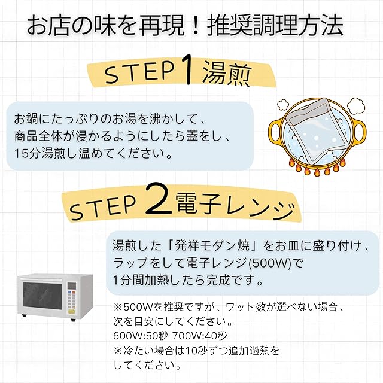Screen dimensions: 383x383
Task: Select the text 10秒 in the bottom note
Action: coord(206,349)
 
